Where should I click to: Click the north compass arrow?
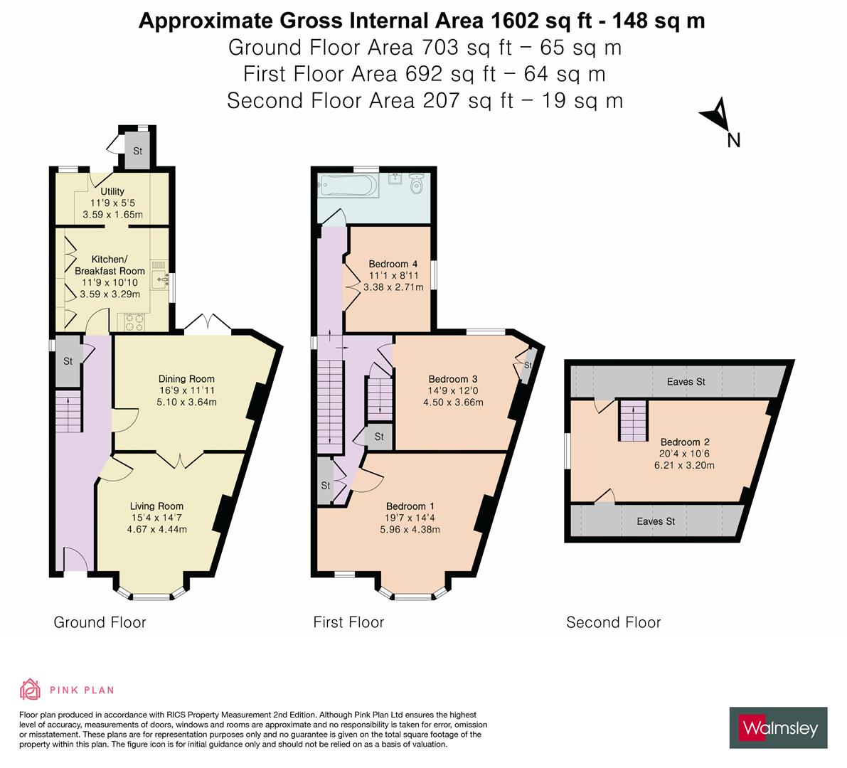(x=718, y=116)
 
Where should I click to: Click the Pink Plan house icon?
(x=30, y=689)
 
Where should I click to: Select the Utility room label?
(x=112, y=191)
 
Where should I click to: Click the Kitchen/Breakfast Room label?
(x=110, y=265)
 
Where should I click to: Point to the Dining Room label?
(x=186, y=378)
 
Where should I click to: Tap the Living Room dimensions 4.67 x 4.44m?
(x=156, y=529)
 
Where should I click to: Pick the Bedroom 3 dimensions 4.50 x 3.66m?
(x=453, y=402)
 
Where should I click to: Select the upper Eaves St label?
(x=686, y=382)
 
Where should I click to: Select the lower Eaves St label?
(x=656, y=521)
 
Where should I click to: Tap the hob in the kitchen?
(x=133, y=321)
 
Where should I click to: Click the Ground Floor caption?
(x=100, y=622)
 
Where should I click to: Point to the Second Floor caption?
(x=613, y=622)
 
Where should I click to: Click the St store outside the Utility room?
(x=137, y=151)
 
